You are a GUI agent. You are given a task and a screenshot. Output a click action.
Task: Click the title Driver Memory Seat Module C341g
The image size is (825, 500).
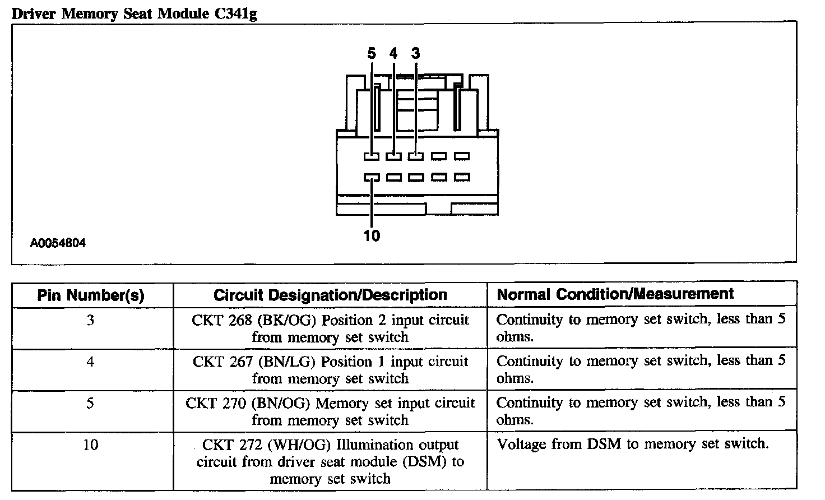(135, 13)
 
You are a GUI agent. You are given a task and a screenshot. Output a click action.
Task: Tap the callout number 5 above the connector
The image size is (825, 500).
(372, 53)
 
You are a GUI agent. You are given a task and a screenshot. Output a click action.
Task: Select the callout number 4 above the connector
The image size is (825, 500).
(393, 53)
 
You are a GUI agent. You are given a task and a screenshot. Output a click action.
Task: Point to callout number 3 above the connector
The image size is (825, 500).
(415, 53)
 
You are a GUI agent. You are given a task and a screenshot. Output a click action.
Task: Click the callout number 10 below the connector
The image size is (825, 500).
(372, 235)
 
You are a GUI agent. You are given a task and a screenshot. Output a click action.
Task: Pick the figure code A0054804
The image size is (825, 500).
(58, 244)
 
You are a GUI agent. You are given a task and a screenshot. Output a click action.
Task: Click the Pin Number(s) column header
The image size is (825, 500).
(91, 295)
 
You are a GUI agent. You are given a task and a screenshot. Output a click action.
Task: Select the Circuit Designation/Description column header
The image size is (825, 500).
(330, 295)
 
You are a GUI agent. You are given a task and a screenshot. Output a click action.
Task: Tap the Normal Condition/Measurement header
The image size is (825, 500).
(615, 294)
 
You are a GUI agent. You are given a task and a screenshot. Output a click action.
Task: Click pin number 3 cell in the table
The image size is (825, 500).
(91, 321)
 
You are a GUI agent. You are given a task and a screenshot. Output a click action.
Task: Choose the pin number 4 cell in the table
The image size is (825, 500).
(91, 362)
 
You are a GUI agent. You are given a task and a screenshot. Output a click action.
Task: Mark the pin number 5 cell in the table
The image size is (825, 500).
(91, 404)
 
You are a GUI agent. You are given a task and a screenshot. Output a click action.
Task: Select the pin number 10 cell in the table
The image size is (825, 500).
(91, 445)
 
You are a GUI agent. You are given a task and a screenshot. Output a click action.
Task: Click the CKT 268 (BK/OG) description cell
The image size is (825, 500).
(330, 328)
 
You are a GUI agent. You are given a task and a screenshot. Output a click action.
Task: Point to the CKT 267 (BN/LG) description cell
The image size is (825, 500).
(330, 370)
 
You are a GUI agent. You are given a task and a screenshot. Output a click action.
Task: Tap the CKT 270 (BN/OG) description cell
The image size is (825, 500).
(330, 411)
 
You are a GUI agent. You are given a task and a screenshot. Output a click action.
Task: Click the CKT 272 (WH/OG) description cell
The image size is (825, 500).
(330, 462)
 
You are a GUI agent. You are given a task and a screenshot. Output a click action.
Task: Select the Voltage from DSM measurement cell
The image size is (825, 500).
(632, 445)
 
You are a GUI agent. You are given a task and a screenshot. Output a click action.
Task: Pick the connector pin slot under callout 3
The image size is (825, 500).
(415, 156)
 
